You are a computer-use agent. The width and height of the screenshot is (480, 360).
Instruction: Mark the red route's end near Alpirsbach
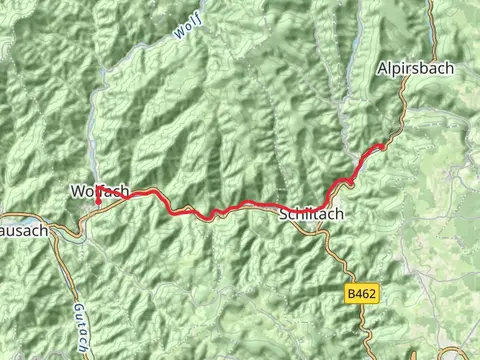point(381,148)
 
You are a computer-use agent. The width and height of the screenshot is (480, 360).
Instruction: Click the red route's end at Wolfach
point(97,202)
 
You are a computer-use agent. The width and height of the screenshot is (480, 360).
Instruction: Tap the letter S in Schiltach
point(283,214)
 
